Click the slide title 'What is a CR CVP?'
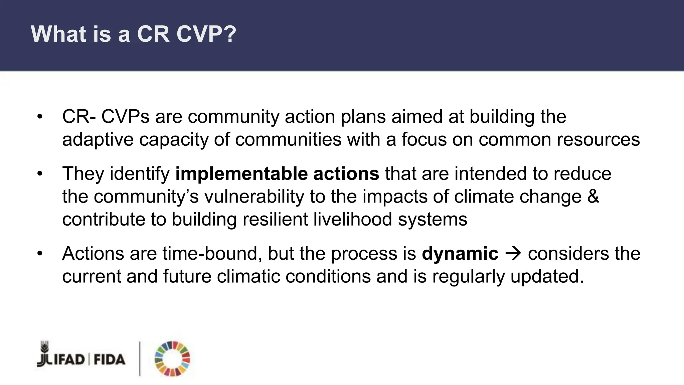(134, 34)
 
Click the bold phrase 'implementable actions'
(277, 174)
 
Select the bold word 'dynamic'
(460, 253)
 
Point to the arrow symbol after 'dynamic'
(513, 253)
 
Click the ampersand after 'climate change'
(593, 197)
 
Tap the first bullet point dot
(40, 117)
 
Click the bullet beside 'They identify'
(40, 174)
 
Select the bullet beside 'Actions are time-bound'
(40, 253)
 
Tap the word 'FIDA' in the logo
(110, 360)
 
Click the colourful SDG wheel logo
(172, 359)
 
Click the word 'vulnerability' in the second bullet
(254, 197)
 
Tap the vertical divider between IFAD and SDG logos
(140, 359)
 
